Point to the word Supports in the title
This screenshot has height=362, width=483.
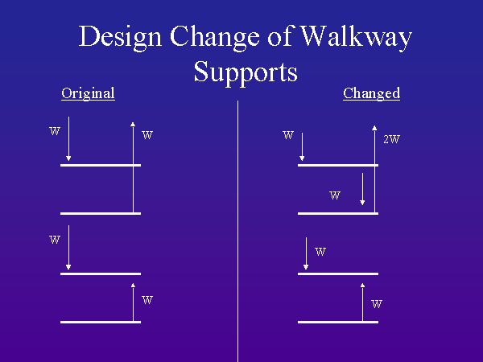tap(246, 72)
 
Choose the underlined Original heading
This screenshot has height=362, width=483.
tap(88, 93)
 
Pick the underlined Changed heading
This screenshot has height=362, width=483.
tap(371, 93)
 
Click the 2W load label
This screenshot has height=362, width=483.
tap(391, 139)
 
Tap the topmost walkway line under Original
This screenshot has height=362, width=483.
tap(101, 165)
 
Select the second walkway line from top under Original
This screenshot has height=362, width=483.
tap(101, 213)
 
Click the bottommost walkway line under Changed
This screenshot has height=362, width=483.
tap(338, 322)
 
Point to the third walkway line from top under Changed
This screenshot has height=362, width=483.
tap(338, 274)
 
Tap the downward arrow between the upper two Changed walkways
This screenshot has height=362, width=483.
tap(363, 190)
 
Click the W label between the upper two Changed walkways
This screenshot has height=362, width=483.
tap(336, 195)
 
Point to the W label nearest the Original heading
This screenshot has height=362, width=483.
tap(54, 130)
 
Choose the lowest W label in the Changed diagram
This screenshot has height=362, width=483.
tap(376, 305)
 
